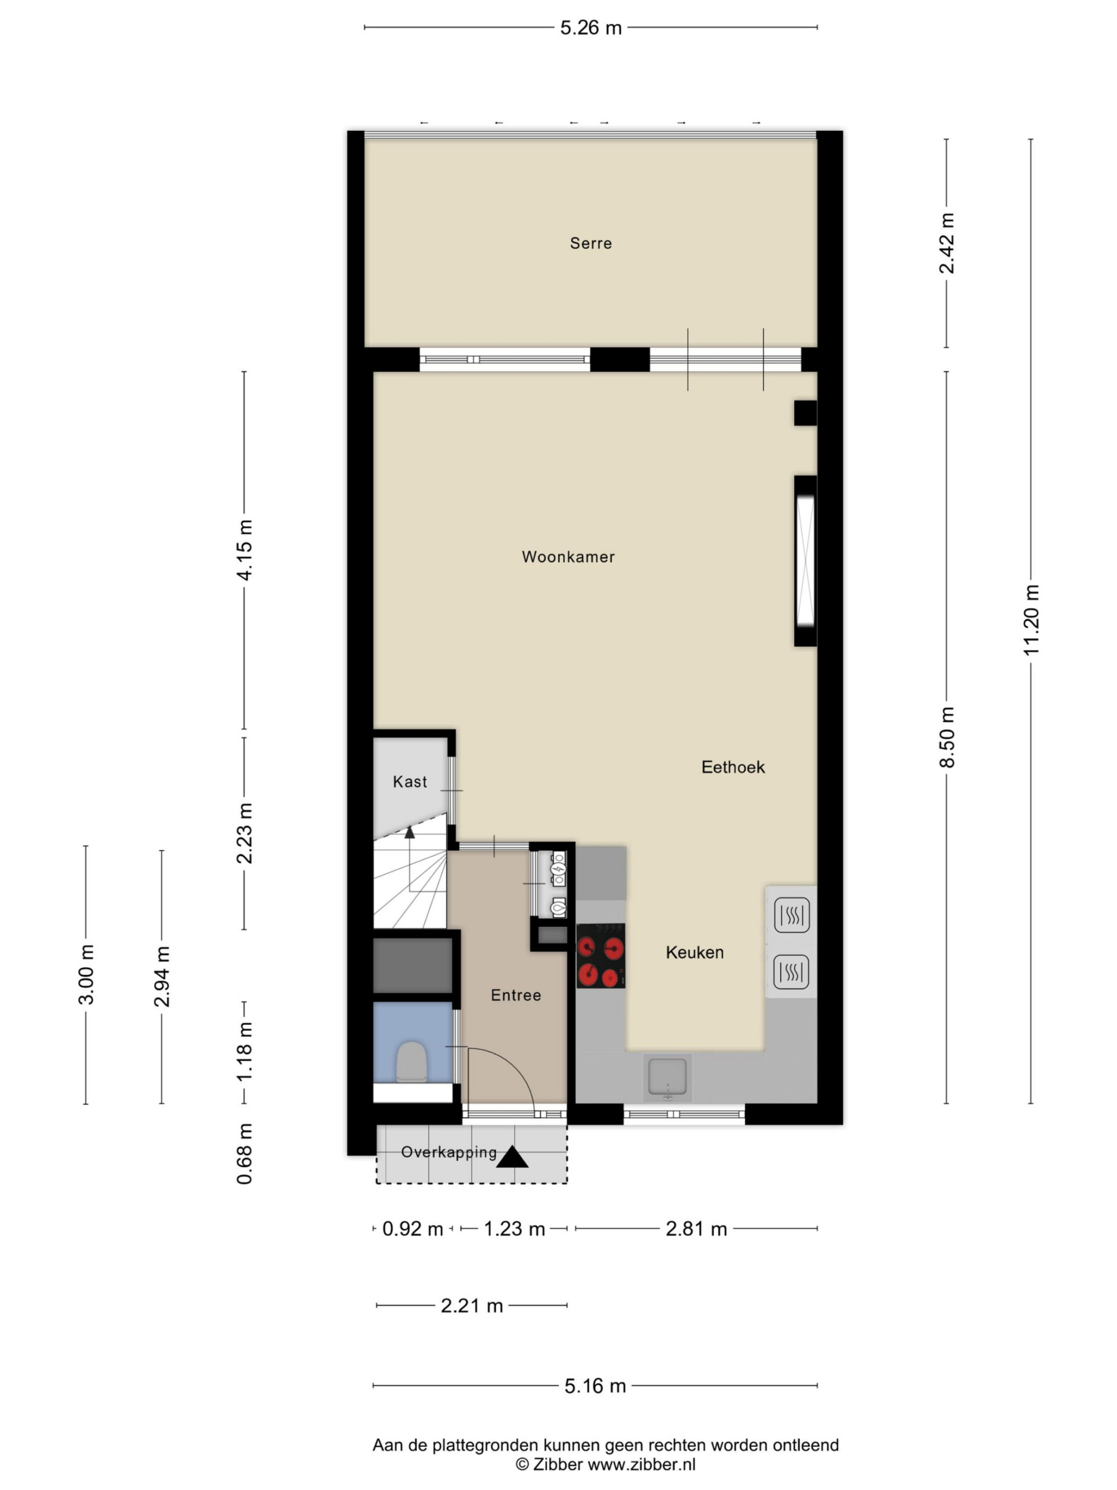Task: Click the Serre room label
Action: [590, 243]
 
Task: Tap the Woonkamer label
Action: [568, 556]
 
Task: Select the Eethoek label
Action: [733, 767]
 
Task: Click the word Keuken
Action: [695, 952]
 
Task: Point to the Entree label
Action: [516, 996]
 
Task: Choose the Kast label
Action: [410, 782]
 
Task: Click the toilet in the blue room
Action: [411, 1062]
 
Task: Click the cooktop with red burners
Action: [600, 956]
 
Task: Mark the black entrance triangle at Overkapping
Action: [513, 1157]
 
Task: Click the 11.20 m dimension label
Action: [1031, 620]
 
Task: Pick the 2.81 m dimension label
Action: [696, 1229]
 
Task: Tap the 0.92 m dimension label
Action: [412, 1229]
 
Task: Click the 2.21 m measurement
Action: [472, 1306]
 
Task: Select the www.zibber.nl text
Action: [642, 1464]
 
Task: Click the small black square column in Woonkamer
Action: [805, 413]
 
